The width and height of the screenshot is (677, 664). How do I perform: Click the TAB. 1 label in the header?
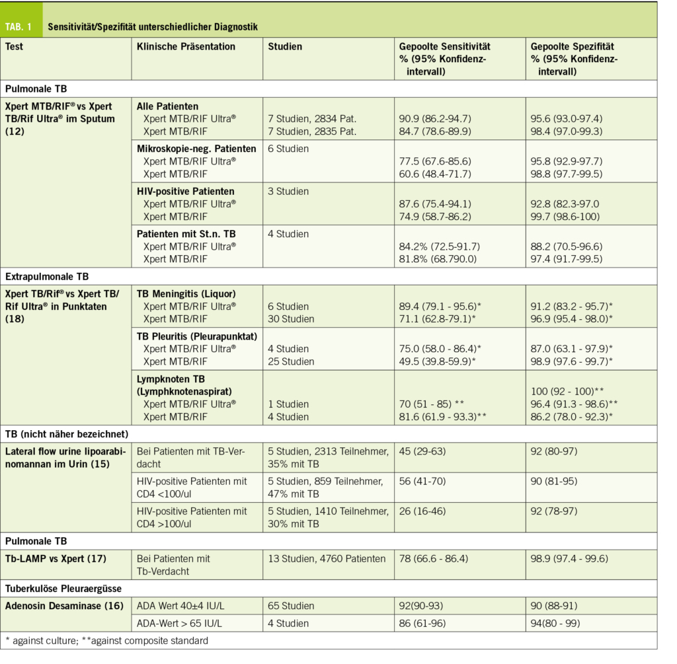pos(21,27)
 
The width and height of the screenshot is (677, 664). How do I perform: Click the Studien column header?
pos(285,47)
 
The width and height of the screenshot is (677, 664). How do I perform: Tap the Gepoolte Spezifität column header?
pos(573,47)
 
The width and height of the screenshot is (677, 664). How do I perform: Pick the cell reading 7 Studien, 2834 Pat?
pos(312,118)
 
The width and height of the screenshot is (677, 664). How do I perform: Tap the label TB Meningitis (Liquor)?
pos(186,293)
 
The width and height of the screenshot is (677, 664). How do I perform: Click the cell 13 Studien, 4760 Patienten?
pos(327,559)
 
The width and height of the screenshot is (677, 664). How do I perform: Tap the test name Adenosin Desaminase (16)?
pos(64,605)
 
